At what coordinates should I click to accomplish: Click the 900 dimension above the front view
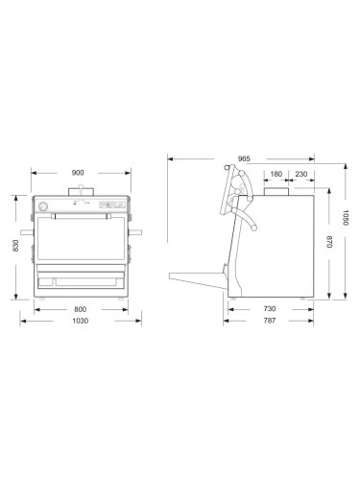point(78,173)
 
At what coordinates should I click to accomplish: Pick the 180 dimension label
point(276,174)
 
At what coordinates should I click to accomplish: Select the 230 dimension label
point(301,174)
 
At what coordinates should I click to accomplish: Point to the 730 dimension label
point(272,308)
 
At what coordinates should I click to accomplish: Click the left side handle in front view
point(27,233)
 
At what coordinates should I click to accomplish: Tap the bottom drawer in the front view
point(82,280)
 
